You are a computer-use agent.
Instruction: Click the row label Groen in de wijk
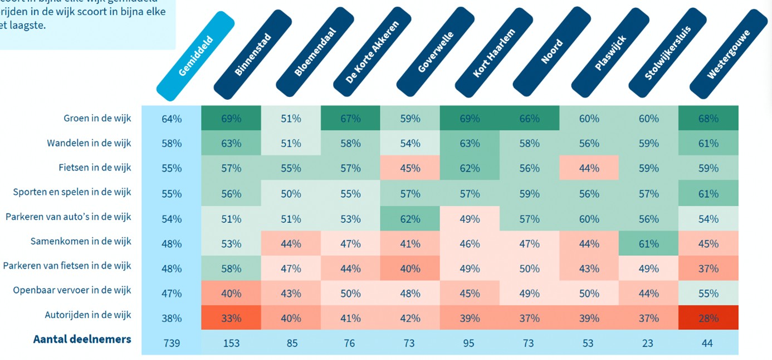97,118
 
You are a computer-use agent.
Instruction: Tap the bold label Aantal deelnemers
82,339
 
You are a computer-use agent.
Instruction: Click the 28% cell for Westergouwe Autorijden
708,318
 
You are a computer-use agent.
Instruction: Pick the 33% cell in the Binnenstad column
231,318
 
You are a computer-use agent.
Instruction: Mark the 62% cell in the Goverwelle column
410,219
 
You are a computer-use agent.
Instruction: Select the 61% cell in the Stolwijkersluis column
648,244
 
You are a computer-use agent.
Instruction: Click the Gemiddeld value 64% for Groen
172,119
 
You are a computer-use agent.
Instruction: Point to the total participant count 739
172,343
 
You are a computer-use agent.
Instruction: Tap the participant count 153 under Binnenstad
231,343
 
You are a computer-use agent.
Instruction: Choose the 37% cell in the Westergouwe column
708,269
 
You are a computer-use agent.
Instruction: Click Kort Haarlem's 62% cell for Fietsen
469,168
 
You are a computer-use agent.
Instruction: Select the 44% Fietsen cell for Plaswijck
589,168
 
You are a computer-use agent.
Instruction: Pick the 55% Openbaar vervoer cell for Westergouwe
708,293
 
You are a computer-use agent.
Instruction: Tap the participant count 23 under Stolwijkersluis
648,343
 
